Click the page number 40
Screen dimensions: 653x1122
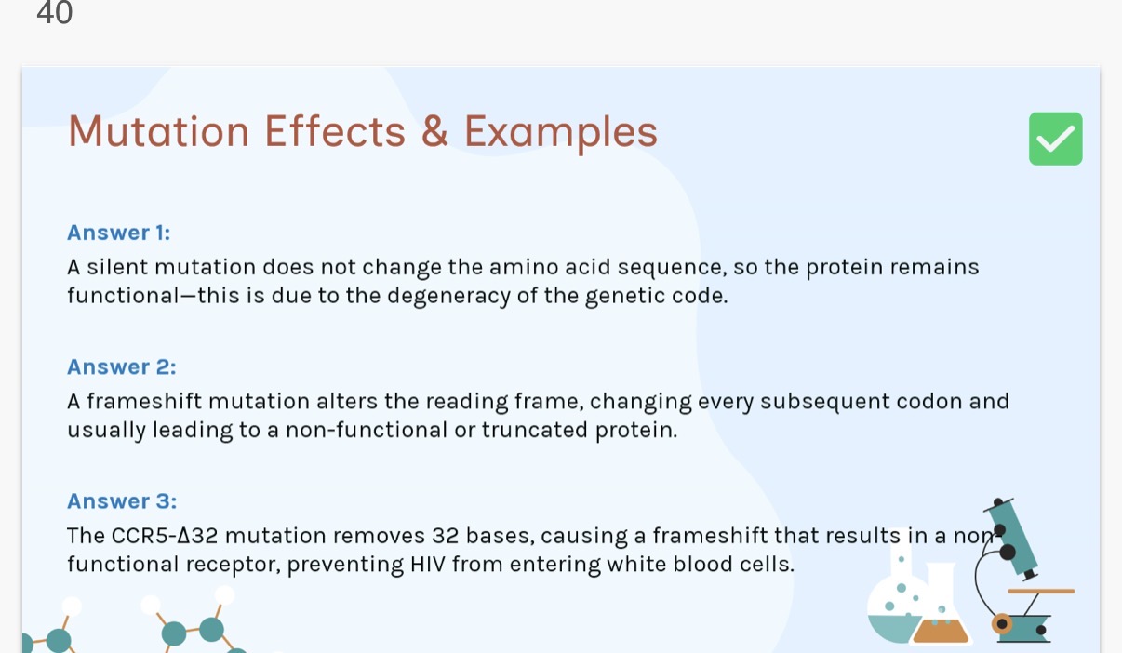tap(54, 13)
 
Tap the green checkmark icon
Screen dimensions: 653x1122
tap(1055, 139)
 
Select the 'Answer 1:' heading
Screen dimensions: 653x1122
tap(118, 233)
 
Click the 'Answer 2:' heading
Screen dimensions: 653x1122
tap(121, 366)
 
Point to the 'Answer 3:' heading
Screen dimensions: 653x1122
tap(121, 501)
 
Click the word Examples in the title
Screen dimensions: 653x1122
tap(560, 132)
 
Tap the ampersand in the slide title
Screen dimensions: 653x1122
tap(434, 131)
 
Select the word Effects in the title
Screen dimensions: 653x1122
tap(335, 131)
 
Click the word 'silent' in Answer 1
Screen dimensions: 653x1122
tap(118, 268)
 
